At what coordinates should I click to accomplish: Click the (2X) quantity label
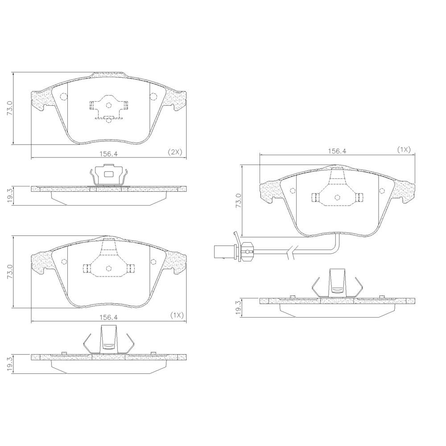[175, 152]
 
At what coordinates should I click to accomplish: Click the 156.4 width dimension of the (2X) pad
[108, 153]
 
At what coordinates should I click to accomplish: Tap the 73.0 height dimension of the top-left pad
[10, 108]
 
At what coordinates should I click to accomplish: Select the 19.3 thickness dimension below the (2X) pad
[10, 196]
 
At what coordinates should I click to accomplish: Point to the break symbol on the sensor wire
[292, 252]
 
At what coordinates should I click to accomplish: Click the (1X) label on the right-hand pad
[404, 149]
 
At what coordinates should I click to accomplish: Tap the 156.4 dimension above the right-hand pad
[337, 151]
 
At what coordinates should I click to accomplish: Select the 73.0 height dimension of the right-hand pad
[238, 201]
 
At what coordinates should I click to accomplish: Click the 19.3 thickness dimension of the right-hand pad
[239, 307]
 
